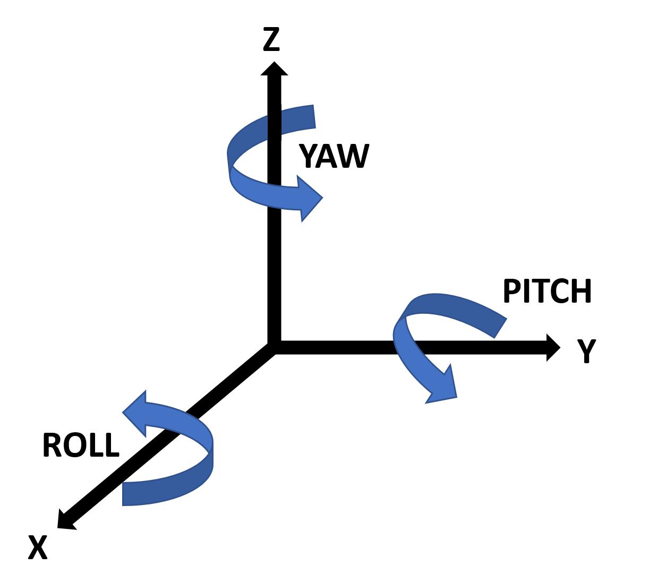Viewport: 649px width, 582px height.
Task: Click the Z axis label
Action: coord(271,40)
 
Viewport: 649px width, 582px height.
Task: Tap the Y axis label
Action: coord(587,350)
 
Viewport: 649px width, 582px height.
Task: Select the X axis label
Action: coord(38,547)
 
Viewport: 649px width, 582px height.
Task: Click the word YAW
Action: coord(334,156)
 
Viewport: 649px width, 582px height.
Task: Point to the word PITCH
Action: coord(546,291)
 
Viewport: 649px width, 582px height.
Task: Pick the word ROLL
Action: coord(81,445)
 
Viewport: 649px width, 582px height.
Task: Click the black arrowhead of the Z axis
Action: coord(274,70)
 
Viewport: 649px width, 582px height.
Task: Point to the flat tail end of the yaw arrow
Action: coord(314,117)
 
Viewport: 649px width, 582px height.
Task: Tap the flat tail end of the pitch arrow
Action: coord(500,328)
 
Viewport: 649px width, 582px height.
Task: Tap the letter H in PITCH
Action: coord(582,291)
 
